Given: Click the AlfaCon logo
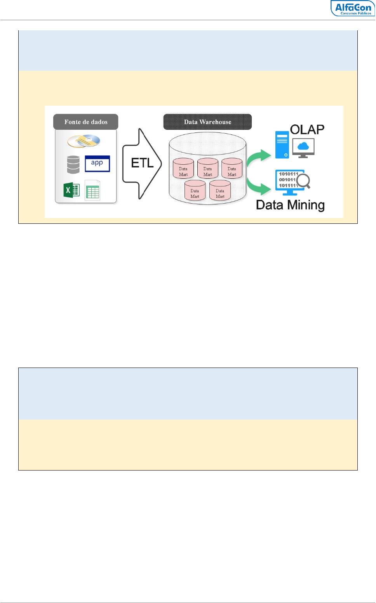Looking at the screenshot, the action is click(x=353, y=8).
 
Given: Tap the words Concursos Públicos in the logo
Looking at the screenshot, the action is click(x=356, y=13).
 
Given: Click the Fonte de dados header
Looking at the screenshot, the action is click(x=85, y=122).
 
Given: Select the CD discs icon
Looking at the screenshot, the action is click(x=84, y=141).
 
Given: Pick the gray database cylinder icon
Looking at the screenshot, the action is click(x=73, y=164).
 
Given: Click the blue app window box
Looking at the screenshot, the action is click(x=97, y=164).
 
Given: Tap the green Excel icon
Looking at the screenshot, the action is click(x=71, y=190).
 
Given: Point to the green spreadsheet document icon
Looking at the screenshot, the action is click(x=92, y=190).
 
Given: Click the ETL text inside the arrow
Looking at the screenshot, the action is click(x=142, y=163).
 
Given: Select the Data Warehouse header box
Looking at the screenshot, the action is click(x=207, y=122).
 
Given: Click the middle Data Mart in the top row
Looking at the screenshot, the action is click(x=207, y=168).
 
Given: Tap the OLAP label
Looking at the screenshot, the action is click(x=307, y=130).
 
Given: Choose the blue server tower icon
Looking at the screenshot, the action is click(x=282, y=145).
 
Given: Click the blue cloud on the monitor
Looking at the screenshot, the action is click(x=303, y=146).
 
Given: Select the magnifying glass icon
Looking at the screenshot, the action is click(x=304, y=181).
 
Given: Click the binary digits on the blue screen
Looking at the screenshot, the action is click(x=288, y=180).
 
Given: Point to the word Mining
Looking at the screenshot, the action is click(x=306, y=206).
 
